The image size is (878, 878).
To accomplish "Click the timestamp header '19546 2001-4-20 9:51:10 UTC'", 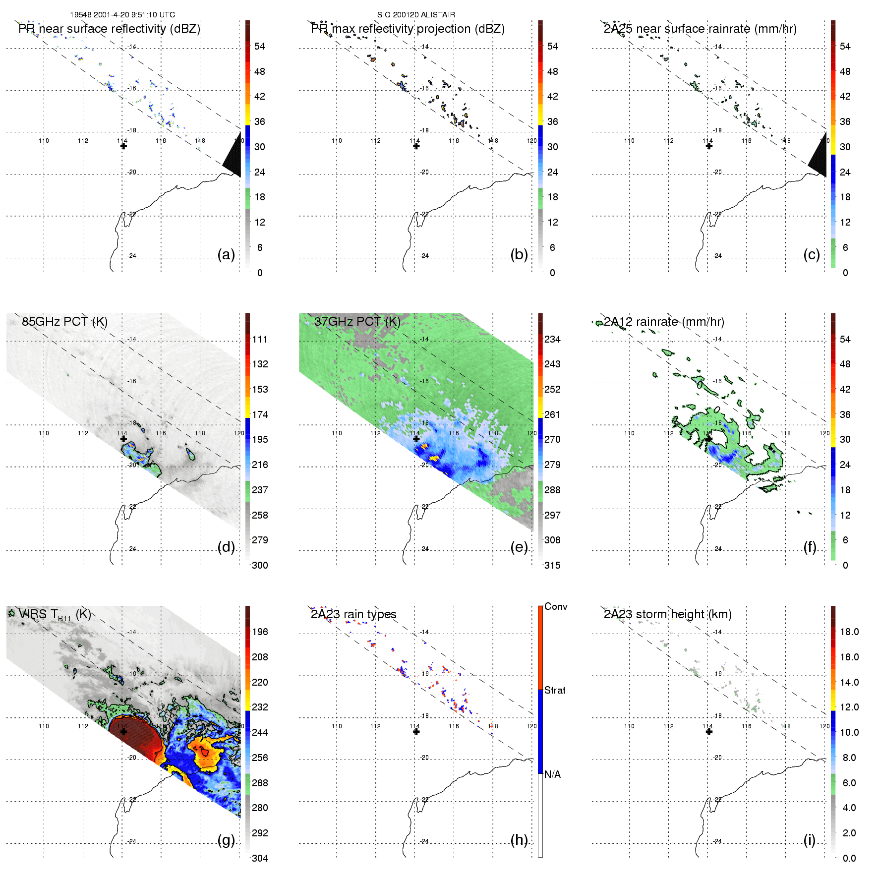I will click(x=122, y=15).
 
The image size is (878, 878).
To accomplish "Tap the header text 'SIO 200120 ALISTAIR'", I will click(x=416, y=15).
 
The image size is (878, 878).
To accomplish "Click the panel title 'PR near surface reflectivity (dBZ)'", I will click(x=109, y=29).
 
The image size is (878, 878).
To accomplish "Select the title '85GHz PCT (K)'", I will click(x=64, y=322).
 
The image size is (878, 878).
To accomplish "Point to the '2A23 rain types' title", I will click(x=353, y=614).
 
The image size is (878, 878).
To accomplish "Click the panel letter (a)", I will click(x=226, y=255).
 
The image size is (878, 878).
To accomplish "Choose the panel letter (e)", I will click(x=519, y=547).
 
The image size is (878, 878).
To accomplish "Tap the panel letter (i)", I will click(x=809, y=840).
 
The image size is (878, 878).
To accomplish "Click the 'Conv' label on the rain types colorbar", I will click(x=556, y=606).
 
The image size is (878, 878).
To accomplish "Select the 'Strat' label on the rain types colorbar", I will click(x=555, y=690).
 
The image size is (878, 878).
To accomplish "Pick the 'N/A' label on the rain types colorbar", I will click(x=552, y=774).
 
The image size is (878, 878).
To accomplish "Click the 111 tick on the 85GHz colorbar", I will click(x=260, y=339).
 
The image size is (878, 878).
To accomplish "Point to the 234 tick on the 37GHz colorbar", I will click(x=552, y=339).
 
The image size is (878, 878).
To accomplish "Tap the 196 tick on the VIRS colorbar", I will click(x=260, y=632).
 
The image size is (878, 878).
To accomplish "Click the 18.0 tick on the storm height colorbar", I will click(x=849, y=632).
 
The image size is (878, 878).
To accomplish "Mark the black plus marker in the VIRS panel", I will click(x=123, y=731).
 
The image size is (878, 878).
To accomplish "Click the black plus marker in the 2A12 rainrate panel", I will click(x=709, y=439).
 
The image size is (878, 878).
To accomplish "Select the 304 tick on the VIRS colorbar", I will click(x=260, y=858).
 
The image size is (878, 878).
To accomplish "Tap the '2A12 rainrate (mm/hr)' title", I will click(x=664, y=322).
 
